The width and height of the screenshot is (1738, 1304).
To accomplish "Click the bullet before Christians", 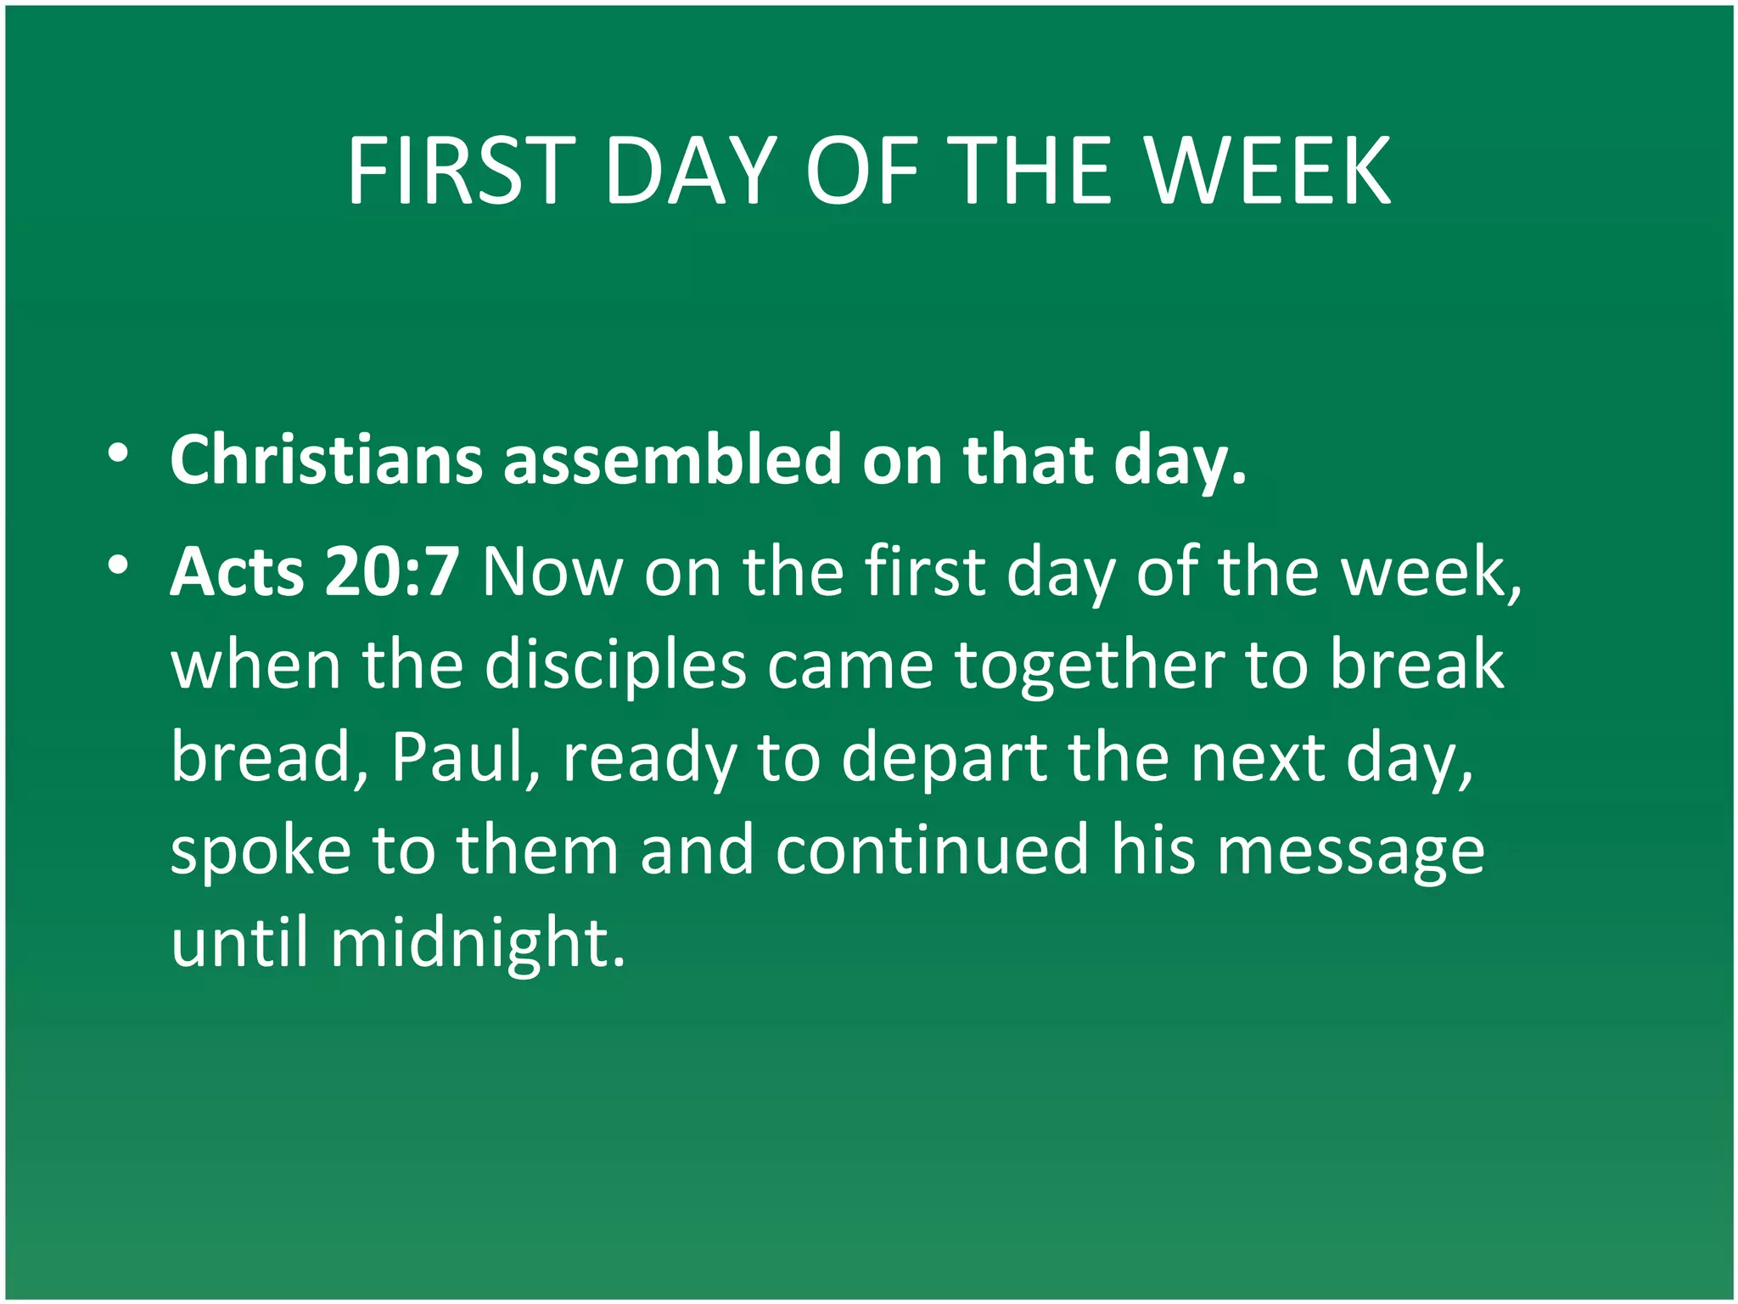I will tap(118, 452).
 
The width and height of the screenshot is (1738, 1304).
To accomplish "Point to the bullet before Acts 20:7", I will tap(118, 565).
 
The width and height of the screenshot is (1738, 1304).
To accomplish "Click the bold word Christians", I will tap(327, 461).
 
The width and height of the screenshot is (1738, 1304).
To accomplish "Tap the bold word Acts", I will tap(237, 572).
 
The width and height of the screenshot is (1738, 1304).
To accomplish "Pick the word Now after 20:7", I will tap(552, 572).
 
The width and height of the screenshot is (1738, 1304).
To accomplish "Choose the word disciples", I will tap(615, 665).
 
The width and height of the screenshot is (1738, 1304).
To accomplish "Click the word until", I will tap(238, 941).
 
